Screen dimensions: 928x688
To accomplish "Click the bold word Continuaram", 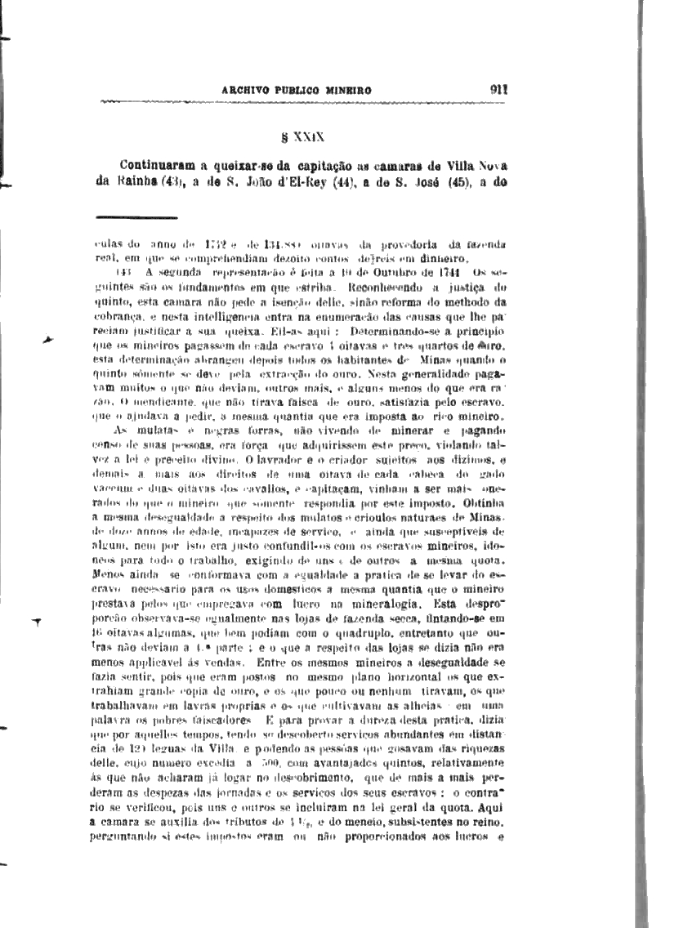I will pyautogui.click(x=160, y=163).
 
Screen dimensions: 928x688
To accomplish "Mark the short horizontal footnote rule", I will pyautogui.click(x=136, y=217).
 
